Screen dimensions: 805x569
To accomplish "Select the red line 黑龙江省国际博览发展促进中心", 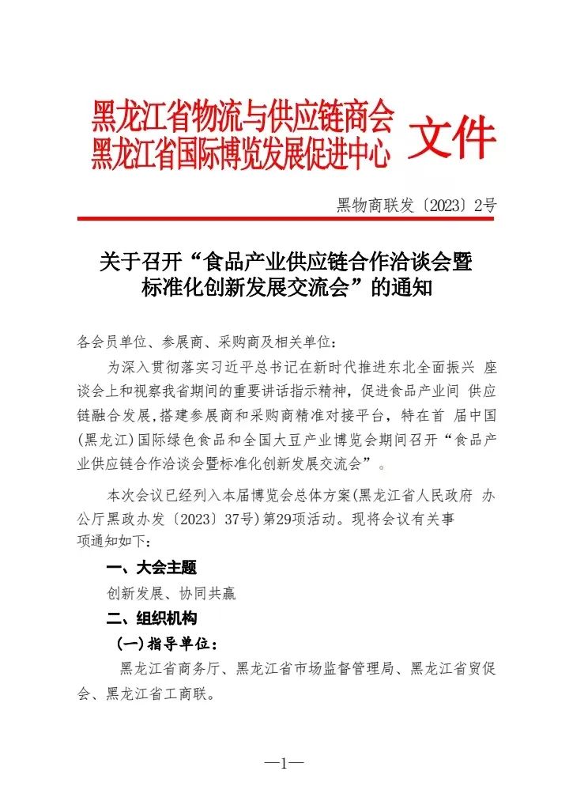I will click(241, 153).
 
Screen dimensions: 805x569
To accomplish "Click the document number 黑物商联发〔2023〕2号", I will click(416, 206).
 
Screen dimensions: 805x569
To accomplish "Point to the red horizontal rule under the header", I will click(285, 219).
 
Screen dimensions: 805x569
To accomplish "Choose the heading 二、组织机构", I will click(151, 618).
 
